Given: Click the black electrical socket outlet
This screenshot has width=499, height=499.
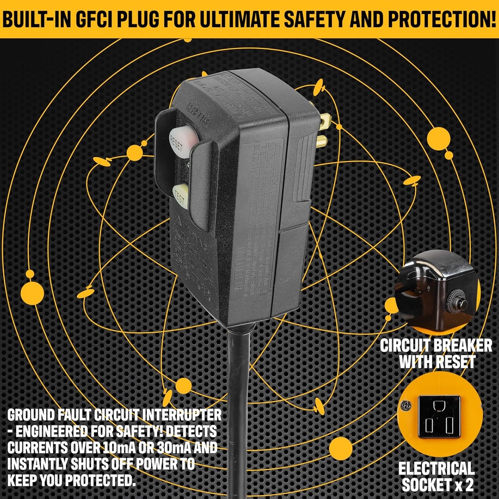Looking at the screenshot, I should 439,416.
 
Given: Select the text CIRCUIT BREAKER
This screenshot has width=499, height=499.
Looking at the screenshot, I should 436,346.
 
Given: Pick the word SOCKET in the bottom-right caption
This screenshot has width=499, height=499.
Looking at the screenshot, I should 424,484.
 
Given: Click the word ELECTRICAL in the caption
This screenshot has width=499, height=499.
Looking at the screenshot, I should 437,469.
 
